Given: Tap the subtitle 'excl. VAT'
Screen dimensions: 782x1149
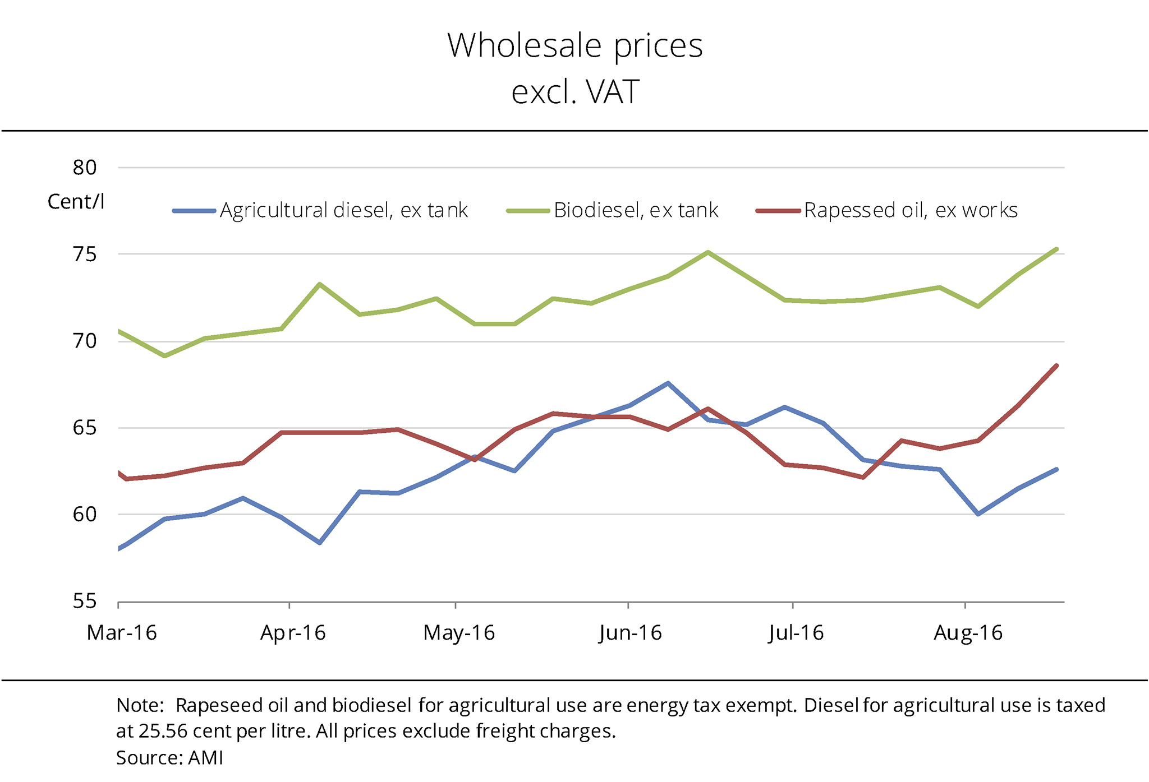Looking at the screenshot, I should (x=574, y=92).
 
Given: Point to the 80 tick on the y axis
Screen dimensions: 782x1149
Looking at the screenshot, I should (x=85, y=167).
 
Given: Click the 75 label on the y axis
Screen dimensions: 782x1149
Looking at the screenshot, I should (x=85, y=254).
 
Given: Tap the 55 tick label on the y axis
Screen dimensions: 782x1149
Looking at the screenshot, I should (x=85, y=601).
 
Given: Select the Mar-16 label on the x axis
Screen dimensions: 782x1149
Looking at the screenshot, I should (x=122, y=633).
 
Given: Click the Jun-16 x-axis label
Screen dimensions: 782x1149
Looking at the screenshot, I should (x=630, y=633).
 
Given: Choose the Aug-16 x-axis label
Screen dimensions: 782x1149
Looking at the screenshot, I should (x=968, y=633).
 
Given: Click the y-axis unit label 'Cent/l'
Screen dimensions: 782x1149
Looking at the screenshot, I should (x=76, y=201).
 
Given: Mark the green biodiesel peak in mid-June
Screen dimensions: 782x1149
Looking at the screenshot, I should (x=708, y=252).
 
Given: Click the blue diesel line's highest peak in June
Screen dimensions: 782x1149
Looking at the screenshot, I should (x=668, y=383).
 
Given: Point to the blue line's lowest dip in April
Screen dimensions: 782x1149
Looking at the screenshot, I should (x=319, y=543).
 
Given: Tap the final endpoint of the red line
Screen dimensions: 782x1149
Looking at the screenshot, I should (x=1056, y=365).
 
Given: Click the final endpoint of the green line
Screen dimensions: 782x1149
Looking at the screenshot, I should (x=1056, y=249).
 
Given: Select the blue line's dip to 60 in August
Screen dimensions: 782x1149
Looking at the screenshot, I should (x=978, y=513).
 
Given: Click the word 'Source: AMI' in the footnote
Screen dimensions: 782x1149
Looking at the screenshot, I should (x=169, y=758).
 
